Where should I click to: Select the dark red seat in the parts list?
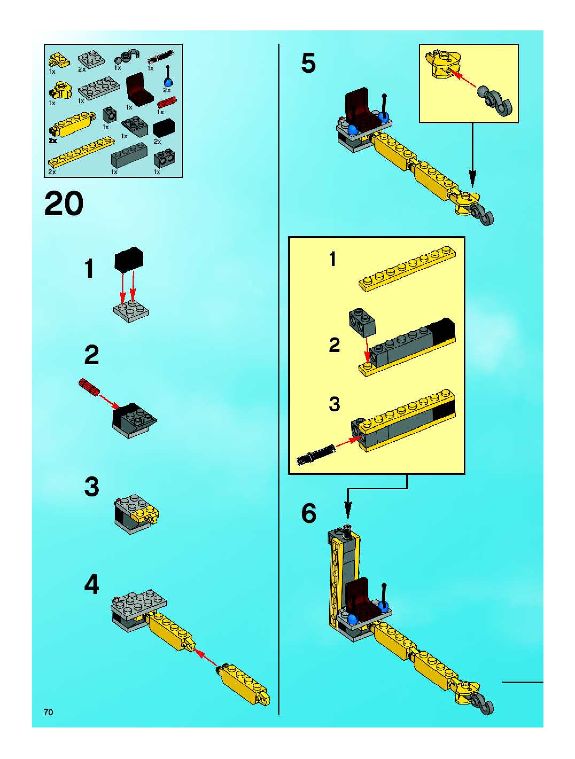click(x=139, y=88)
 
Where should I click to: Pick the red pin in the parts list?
click(x=167, y=101)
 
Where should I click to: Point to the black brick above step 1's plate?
click(x=129, y=258)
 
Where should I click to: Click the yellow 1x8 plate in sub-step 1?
click(x=407, y=269)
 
